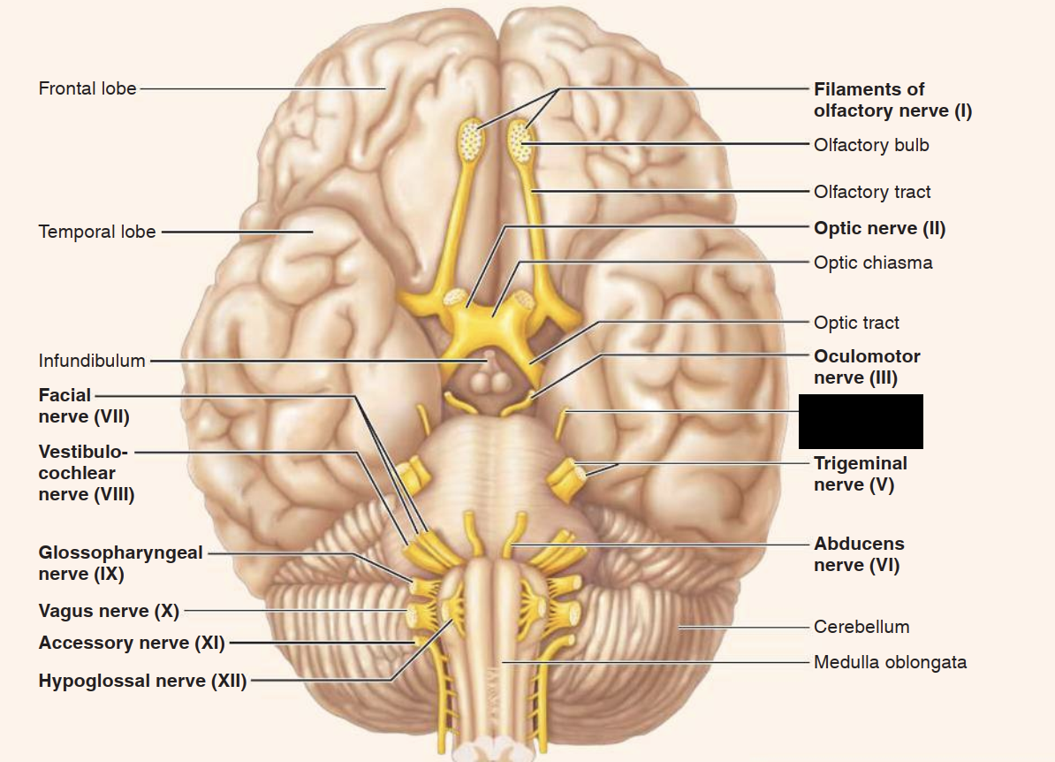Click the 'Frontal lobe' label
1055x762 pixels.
coord(87,88)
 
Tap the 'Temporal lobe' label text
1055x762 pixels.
coord(97,232)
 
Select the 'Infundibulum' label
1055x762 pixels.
coord(92,361)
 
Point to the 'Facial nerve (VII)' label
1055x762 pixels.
coord(84,405)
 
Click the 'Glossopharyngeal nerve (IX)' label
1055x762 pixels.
coord(120,563)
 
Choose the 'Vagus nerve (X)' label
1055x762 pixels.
coord(109,611)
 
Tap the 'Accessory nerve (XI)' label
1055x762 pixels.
coord(132,643)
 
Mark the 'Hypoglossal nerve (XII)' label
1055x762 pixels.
coord(142,681)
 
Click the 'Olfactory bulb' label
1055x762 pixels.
coord(871,145)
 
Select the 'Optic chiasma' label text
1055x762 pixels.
coord(873,263)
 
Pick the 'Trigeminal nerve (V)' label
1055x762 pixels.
coord(860,474)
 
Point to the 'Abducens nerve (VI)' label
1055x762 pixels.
coord(859,554)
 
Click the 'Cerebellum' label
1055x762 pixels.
coord(861,627)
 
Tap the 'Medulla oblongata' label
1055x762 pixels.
coord(890,662)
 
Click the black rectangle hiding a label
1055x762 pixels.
coord(861,422)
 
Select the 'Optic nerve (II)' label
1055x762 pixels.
coord(879,229)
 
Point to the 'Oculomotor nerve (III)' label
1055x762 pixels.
coord(866,367)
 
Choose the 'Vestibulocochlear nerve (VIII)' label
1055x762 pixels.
coord(86,473)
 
